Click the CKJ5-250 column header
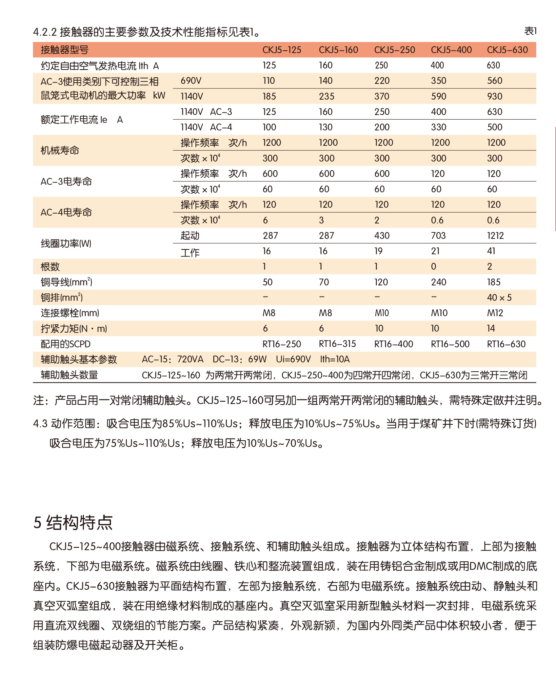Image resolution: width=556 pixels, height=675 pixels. pyautogui.click(x=394, y=50)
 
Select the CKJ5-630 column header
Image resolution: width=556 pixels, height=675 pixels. pyautogui.click(x=507, y=50)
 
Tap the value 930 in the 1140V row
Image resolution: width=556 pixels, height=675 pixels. pyautogui.click(x=494, y=96)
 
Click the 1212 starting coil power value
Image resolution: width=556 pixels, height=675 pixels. pyautogui.click(x=495, y=236)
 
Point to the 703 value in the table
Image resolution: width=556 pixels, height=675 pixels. pyautogui.click(x=438, y=236)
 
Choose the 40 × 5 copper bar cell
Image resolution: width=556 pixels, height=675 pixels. pyautogui.click(x=499, y=298)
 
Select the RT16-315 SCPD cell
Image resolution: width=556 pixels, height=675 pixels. pyautogui.click(x=337, y=344)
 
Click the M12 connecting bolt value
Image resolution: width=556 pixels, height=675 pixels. pyautogui.click(x=495, y=313)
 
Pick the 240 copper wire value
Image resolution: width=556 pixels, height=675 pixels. pyautogui.click(x=438, y=282)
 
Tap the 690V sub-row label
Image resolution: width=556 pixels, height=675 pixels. pyautogui.click(x=191, y=81)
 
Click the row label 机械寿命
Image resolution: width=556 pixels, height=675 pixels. pyautogui.click(x=60, y=150)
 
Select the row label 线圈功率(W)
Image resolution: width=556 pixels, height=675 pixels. pyautogui.click(x=66, y=243)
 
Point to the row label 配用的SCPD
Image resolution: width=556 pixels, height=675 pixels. pyautogui.click(x=65, y=344)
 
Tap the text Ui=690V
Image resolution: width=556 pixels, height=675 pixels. pyautogui.click(x=293, y=359)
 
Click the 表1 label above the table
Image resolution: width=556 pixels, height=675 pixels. pyautogui.click(x=530, y=31)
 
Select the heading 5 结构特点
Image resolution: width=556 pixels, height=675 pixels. pyautogui.click(x=73, y=522)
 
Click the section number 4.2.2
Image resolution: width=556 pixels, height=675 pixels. pyautogui.click(x=45, y=32)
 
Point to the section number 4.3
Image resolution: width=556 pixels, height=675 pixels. pyautogui.click(x=40, y=424)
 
